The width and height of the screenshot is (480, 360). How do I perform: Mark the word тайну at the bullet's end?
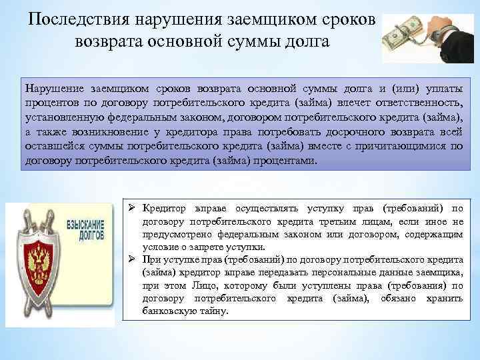point(213,311)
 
